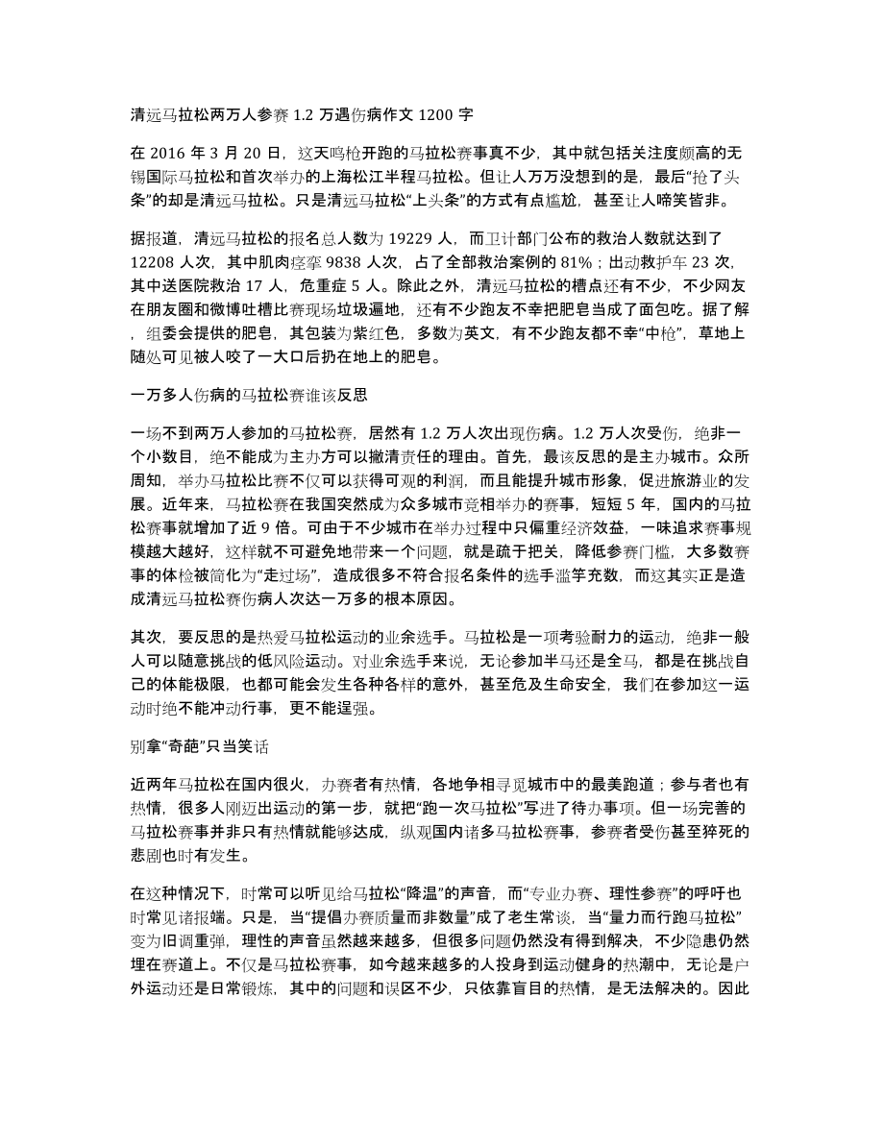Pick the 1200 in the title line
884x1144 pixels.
[415, 112]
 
